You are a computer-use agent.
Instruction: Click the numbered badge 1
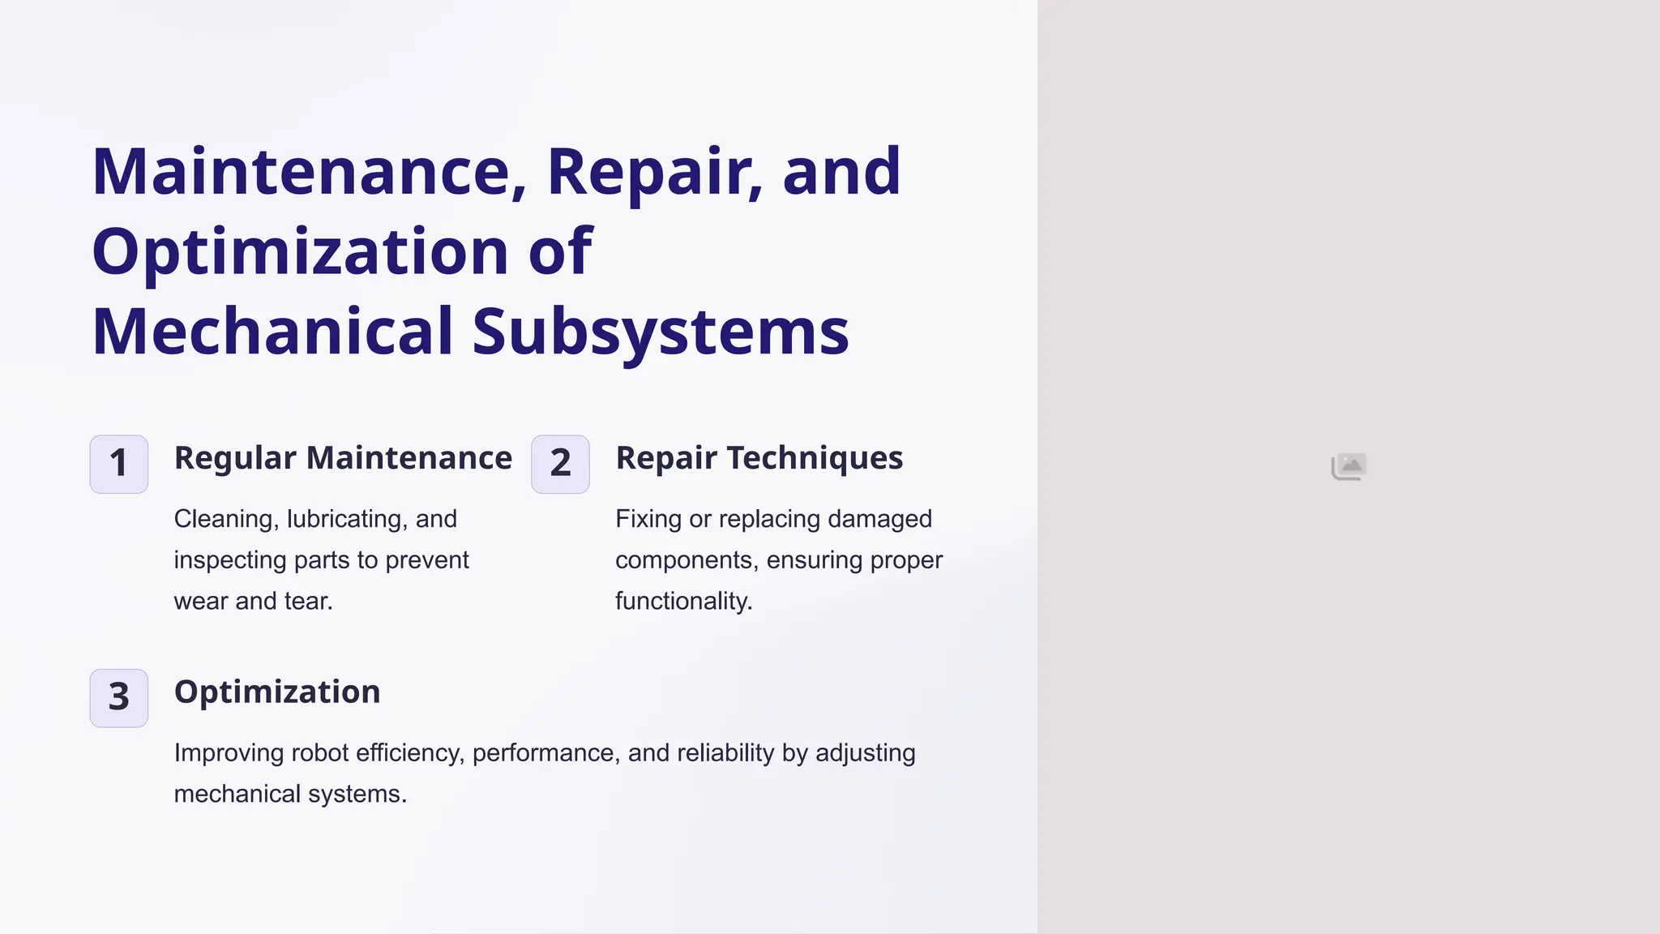[x=118, y=464]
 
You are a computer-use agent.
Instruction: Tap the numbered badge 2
[x=560, y=464]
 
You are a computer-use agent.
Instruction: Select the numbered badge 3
[x=118, y=697]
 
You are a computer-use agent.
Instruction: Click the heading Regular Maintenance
[x=343, y=458]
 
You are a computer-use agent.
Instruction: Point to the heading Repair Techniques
[x=759, y=458]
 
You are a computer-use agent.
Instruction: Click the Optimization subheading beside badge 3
[x=277, y=692]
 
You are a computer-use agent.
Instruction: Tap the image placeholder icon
[x=1349, y=466]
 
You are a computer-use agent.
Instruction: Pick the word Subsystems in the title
[x=660, y=332]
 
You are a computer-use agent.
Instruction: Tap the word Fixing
[x=648, y=519]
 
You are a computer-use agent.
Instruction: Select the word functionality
[x=683, y=601]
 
